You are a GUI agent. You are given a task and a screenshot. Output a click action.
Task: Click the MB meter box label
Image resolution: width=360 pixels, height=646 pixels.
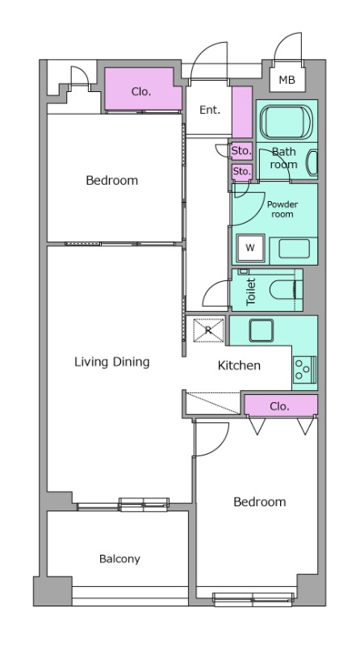point(287,79)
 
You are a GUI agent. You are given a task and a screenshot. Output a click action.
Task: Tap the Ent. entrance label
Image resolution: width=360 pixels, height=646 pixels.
point(210,110)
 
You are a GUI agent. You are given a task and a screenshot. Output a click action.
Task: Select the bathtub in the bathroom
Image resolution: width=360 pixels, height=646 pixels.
point(287,122)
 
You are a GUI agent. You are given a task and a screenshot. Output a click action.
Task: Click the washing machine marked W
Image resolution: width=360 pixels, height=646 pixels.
point(250,248)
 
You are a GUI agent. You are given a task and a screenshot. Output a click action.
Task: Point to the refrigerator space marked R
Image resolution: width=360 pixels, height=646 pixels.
point(209,329)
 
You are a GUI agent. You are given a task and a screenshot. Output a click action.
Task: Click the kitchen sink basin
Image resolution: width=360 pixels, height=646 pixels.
point(262,330)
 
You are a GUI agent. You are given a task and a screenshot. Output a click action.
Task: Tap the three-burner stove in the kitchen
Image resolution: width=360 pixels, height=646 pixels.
point(305,370)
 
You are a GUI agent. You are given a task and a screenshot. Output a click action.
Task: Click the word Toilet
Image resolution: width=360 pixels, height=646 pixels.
point(250,292)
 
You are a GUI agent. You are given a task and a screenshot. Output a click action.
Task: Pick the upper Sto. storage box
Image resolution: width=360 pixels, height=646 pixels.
point(241,151)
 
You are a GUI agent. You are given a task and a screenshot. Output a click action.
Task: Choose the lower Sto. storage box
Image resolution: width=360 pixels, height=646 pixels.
point(241,171)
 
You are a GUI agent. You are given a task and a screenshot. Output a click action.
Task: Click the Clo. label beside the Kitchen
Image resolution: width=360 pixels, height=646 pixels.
point(279,407)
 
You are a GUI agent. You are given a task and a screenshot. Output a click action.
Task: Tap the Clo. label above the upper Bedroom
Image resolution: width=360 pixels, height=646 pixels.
point(141,91)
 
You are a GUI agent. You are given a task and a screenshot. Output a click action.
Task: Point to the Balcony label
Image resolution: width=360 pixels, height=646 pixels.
point(119,559)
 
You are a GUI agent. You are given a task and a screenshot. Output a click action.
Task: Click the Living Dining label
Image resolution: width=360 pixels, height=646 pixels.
point(112,362)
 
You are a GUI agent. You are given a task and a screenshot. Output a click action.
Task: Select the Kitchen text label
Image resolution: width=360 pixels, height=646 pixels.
point(239,366)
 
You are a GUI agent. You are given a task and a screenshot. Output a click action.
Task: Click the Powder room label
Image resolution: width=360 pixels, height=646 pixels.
point(283,209)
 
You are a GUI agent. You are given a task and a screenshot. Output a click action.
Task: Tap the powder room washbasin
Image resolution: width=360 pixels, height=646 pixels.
point(294,249)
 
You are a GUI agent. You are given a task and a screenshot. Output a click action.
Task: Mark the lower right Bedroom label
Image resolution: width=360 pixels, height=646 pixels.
point(259,501)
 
